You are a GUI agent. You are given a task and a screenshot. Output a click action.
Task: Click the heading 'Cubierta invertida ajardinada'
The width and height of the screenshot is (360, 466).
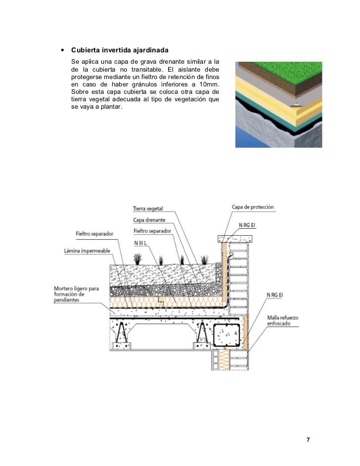coord(120,51)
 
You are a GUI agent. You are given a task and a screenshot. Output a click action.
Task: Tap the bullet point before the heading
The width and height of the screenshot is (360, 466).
coord(62,50)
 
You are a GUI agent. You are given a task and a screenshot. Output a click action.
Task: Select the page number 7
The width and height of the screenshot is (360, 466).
coord(308,440)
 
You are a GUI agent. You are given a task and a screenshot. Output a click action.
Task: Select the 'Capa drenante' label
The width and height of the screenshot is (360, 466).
coord(149,220)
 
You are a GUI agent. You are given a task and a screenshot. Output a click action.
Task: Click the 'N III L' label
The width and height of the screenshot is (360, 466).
coord(143,243)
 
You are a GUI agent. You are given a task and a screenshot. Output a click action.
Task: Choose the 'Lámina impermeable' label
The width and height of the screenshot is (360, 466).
coord(87,251)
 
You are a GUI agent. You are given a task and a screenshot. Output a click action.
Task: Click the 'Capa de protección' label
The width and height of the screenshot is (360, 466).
coord(252,207)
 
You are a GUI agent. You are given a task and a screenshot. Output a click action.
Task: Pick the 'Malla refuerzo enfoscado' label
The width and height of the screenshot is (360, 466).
coord(282,320)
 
